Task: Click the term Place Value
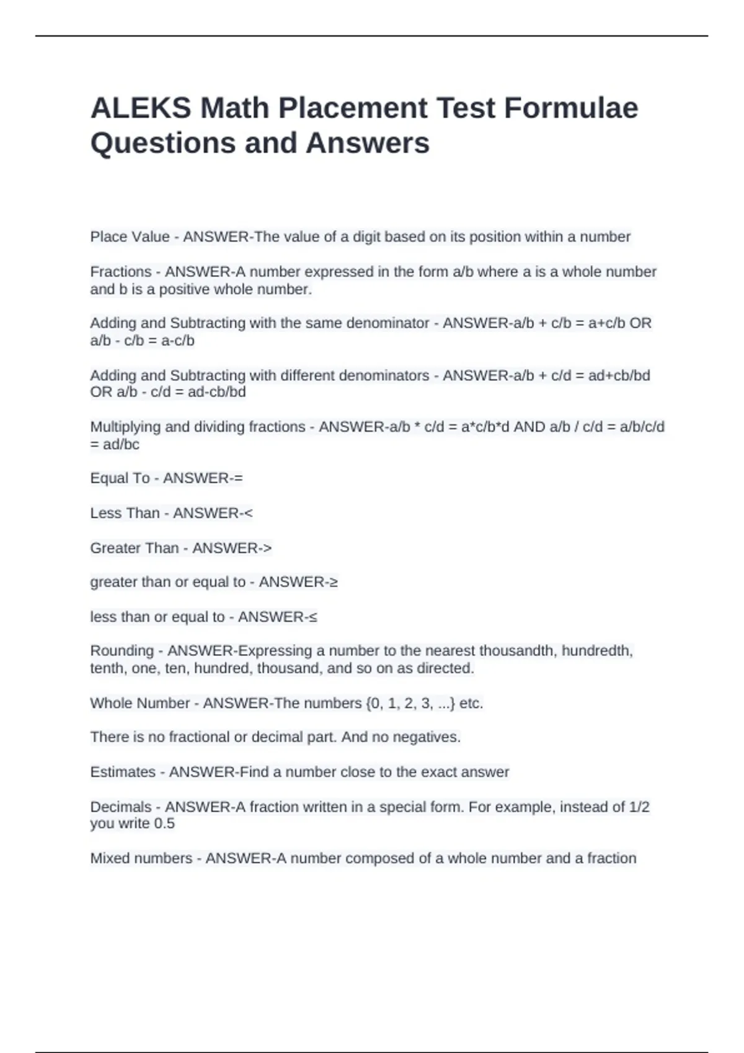tap(130, 237)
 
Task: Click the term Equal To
tap(120, 478)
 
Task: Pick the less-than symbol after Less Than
tap(249, 513)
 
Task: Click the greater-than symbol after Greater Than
tap(267, 548)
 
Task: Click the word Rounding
tap(122, 651)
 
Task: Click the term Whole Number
tap(139, 703)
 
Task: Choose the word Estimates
tap(123, 772)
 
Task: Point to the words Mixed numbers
tap(141, 859)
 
